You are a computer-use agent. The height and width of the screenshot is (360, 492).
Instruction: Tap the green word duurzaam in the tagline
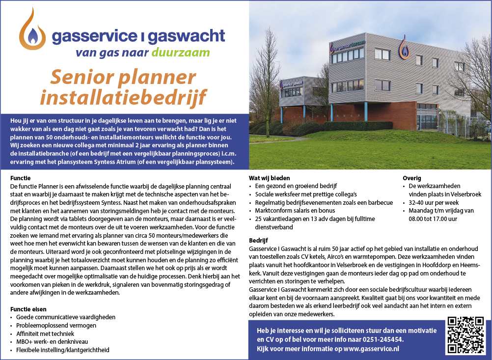coord(181,53)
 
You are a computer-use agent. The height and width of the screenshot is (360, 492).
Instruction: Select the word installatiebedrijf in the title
coord(123,97)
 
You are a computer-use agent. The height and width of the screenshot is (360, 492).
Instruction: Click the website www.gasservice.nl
coord(371,348)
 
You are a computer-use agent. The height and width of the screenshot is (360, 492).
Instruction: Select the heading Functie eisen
coord(28,309)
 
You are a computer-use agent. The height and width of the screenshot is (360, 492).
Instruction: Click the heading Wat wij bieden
coord(270,178)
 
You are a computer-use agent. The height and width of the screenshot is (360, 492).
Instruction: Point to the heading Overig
coord(412,178)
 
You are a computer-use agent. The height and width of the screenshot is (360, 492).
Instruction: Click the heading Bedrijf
coord(258,241)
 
